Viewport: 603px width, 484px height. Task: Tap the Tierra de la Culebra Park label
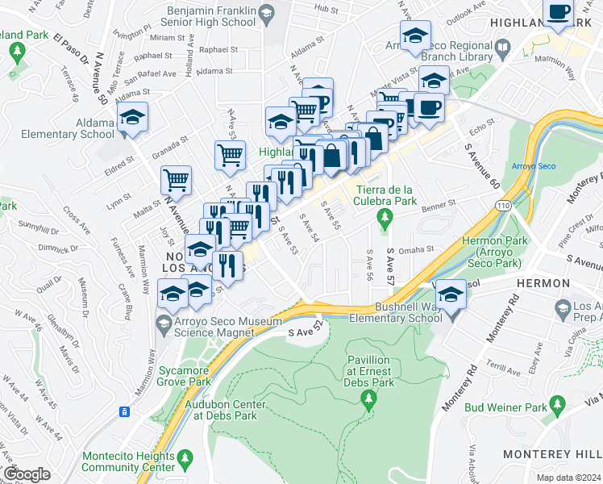coord(385,194)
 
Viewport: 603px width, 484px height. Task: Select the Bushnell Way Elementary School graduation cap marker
coord(451,292)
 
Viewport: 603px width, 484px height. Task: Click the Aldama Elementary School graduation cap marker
coord(132,117)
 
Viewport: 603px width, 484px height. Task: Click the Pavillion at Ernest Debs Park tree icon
coord(370,398)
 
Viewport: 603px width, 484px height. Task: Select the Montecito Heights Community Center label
coord(128,461)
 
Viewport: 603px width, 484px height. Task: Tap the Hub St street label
coord(326,8)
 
